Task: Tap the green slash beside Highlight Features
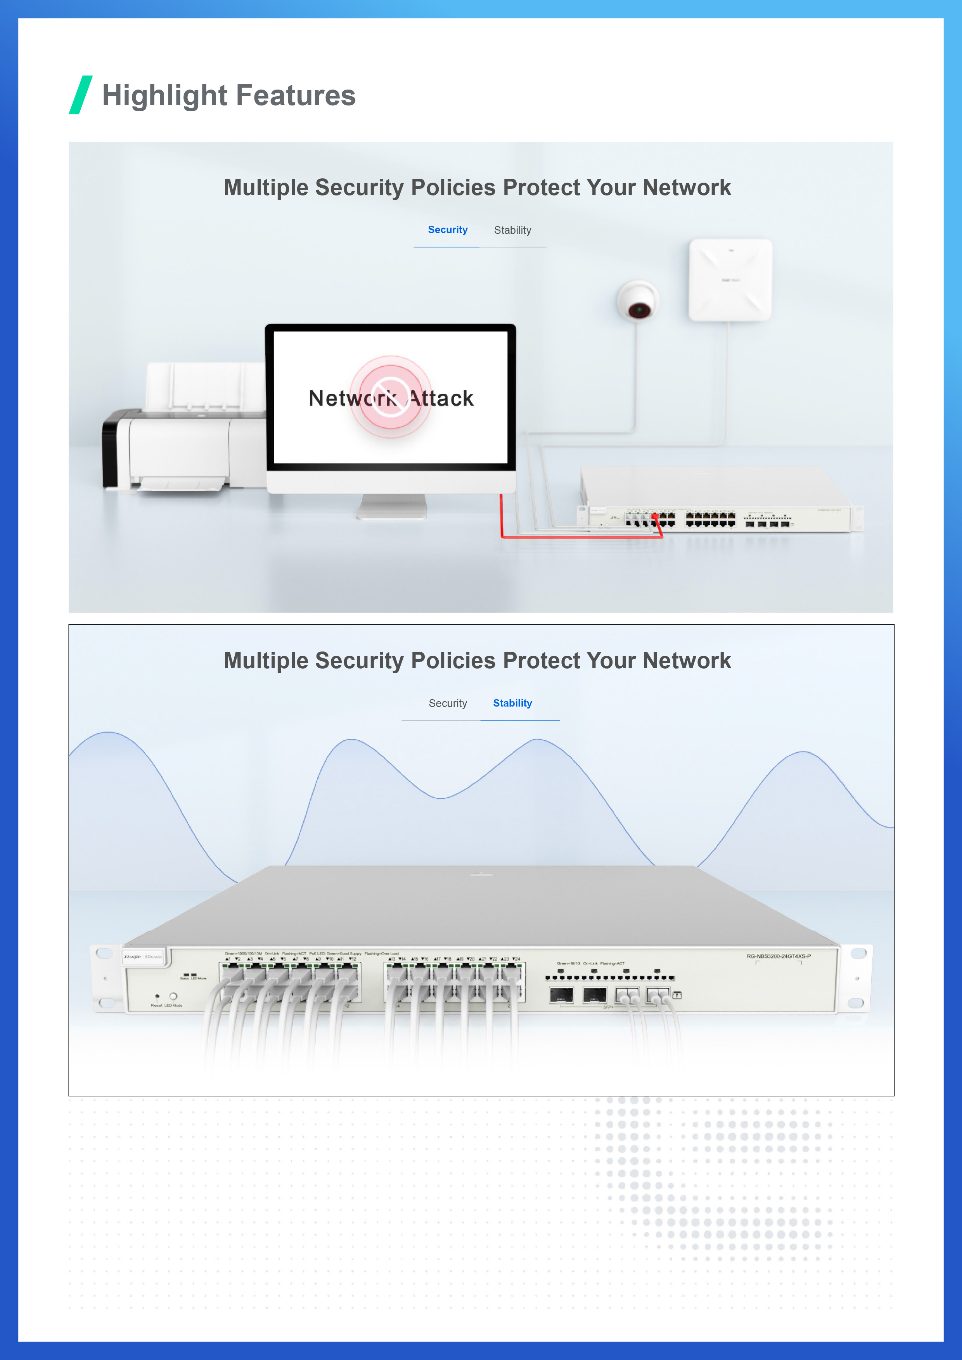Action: point(81,95)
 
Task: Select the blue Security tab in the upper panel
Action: point(447,230)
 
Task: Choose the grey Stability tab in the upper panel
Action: point(512,230)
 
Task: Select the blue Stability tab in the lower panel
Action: point(512,703)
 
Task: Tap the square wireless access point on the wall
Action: point(730,280)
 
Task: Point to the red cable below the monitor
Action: point(581,537)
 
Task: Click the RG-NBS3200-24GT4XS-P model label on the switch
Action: point(779,956)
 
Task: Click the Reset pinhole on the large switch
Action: point(157,996)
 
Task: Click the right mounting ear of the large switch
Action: point(857,978)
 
